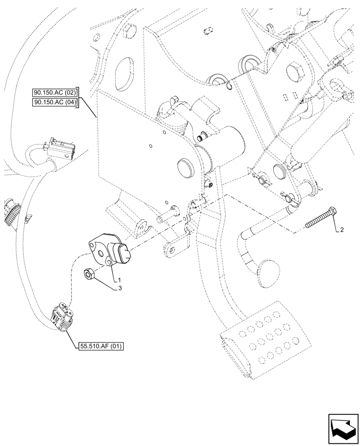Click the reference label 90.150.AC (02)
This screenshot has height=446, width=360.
coord(55,93)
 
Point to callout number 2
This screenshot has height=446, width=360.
coord(341,230)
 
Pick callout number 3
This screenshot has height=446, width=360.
coord(119,289)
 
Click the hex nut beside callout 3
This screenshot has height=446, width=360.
coord(88,275)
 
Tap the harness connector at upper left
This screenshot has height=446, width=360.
coord(62,149)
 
